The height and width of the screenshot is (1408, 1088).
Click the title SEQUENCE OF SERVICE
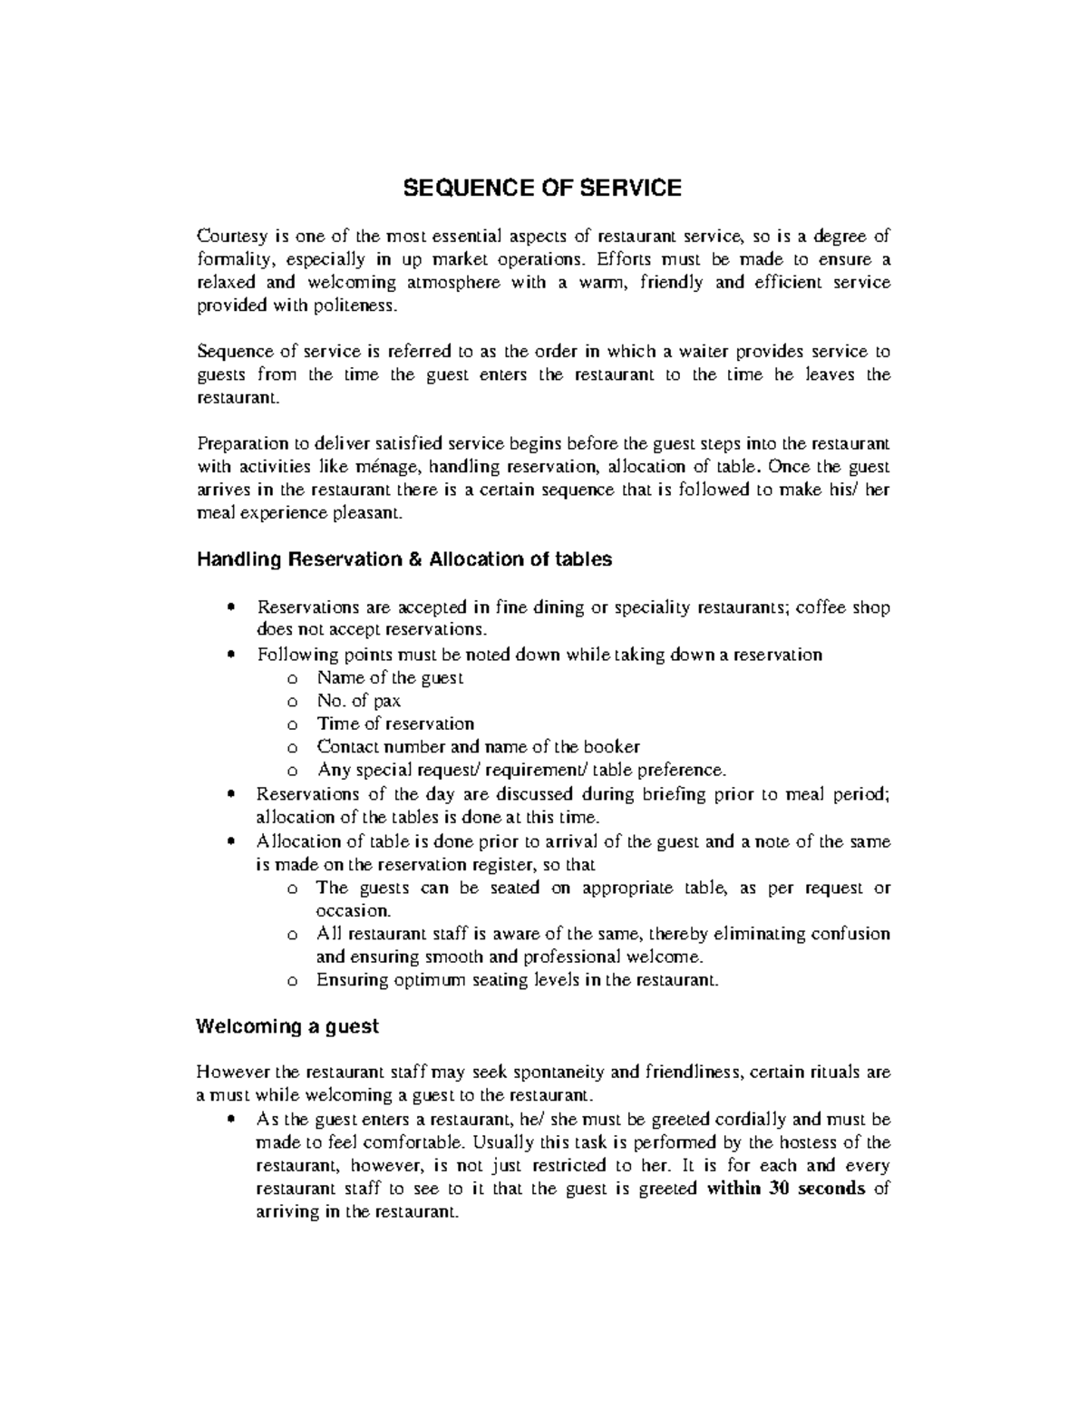click(x=542, y=189)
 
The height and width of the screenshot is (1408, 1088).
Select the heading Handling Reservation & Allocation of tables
click(x=404, y=559)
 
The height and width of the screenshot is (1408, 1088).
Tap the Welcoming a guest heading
click(x=287, y=1026)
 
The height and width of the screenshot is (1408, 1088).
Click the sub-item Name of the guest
click(x=390, y=677)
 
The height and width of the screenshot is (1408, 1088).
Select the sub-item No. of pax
click(x=358, y=701)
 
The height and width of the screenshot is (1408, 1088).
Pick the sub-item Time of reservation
click(x=395, y=723)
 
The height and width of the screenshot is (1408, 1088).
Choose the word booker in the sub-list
click(x=612, y=747)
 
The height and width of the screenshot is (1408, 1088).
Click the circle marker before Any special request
click(x=291, y=772)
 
